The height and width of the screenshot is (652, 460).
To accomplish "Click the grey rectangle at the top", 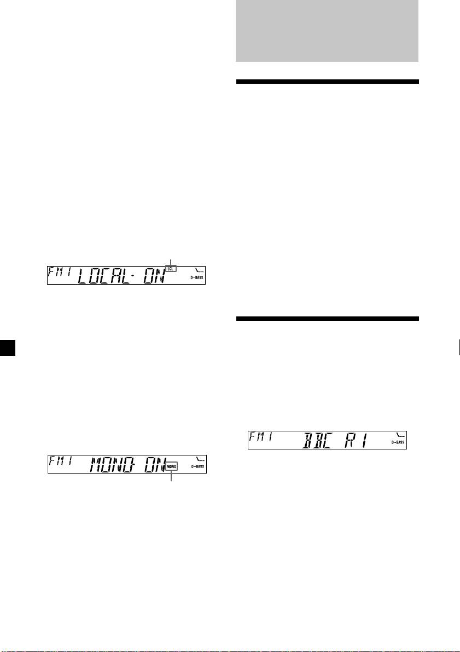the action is tap(327, 31).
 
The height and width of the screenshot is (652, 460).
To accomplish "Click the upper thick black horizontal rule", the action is tap(327, 82).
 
